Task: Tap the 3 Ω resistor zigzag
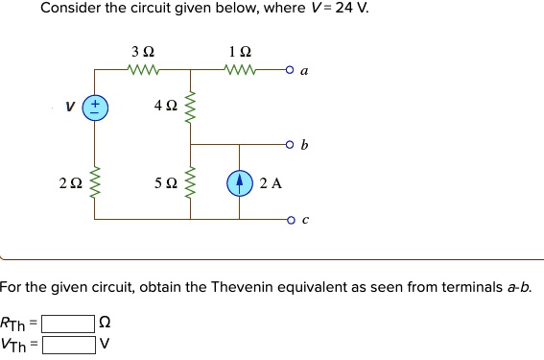[143, 69]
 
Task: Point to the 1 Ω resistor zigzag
[236, 69]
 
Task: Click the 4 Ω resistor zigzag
[190, 107]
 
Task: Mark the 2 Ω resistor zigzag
[94, 181]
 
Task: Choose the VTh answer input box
[67, 343]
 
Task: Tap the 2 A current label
[271, 182]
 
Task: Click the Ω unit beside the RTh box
[106, 324]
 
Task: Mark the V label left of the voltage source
[69, 107]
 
